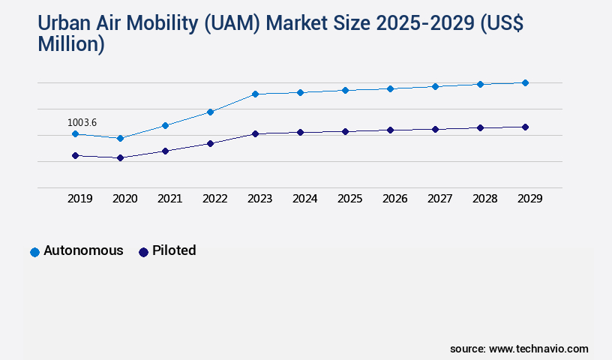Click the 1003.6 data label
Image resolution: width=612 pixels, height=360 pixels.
(x=82, y=122)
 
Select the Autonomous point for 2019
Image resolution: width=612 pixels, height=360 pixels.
(x=75, y=134)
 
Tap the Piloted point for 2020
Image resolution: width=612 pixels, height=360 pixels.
(x=120, y=158)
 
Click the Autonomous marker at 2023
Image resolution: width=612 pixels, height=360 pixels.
(x=255, y=94)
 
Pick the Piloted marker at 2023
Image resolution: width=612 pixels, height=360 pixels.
(x=255, y=133)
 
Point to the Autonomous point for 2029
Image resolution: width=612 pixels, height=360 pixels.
(x=525, y=82)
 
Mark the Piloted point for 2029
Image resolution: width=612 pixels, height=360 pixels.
(x=525, y=127)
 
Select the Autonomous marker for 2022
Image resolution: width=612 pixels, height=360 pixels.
(x=210, y=112)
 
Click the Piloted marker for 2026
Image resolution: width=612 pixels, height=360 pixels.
(x=390, y=130)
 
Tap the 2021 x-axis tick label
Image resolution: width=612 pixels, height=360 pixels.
(x=169, y=199)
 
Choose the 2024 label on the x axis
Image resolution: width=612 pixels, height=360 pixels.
(x=304, y=199)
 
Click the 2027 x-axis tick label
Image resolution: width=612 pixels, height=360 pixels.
(x=439, y=199)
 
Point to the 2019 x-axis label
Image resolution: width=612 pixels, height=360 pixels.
(x=79, y=199)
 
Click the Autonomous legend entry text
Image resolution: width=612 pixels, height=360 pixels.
(x=83, y=250)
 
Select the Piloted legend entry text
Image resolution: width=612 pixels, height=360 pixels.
(x=174, y=250)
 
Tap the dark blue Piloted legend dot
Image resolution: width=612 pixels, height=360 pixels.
(x=143, y=252)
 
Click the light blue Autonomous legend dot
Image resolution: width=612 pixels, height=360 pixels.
(x=34, y=252)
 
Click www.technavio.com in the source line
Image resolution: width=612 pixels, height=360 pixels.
(x=538, y=349)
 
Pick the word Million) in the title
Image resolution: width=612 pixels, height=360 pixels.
(x=71, y=45)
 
